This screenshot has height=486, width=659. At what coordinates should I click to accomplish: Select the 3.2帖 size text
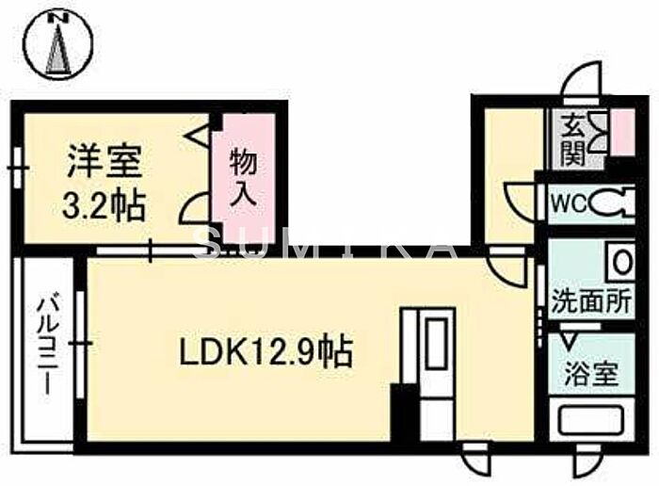(x=104, y=205)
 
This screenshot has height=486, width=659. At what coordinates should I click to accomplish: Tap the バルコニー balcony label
(x=46, y=346)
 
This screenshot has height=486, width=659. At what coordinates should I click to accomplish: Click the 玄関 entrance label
(x=574, y=139)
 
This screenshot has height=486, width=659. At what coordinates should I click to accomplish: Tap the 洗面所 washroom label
(x=591, y=300)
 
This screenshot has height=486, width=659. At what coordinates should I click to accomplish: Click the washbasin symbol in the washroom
(x=620, y=263)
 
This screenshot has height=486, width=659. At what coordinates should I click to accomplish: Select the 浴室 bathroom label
(x=591, y=374)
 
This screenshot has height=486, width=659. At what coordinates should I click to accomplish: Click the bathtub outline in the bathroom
(x=591, y=420)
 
